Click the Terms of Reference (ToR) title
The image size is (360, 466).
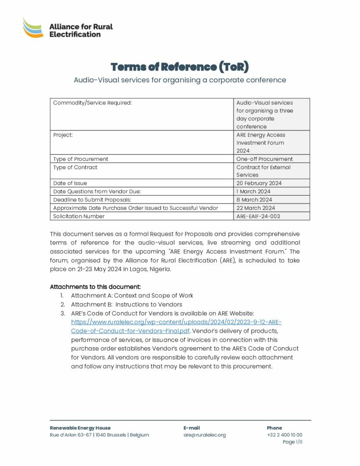(180, 67)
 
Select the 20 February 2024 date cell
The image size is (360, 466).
(259, 183)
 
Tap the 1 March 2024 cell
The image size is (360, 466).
(254, 191)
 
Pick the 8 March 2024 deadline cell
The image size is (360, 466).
(254, 199)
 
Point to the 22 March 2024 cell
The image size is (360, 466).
(255, 208)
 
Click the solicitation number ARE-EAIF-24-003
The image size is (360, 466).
(258, 216)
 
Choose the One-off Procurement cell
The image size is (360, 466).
(264, 159)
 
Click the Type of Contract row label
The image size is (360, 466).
(75, 167)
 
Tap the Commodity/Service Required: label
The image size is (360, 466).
(92, 102)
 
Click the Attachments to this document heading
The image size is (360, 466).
(95, 287)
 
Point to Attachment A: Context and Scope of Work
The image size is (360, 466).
(132, 295)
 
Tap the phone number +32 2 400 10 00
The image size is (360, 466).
(284, 435)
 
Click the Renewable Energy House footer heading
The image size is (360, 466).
(80, 428)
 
